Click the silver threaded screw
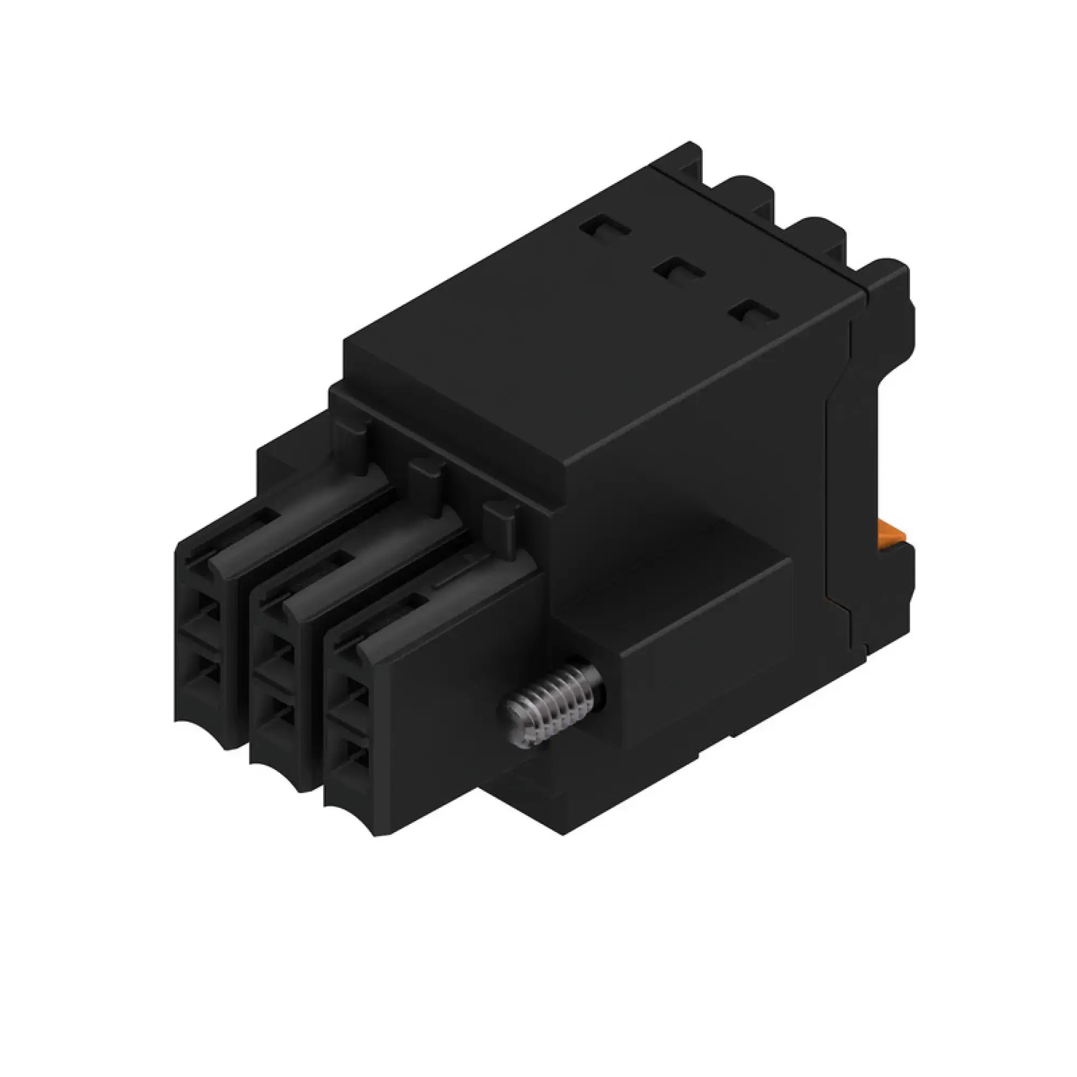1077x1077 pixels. click(555, 704)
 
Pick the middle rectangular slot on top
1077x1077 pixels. click(680, 272)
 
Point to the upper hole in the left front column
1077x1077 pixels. click(205, 612)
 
